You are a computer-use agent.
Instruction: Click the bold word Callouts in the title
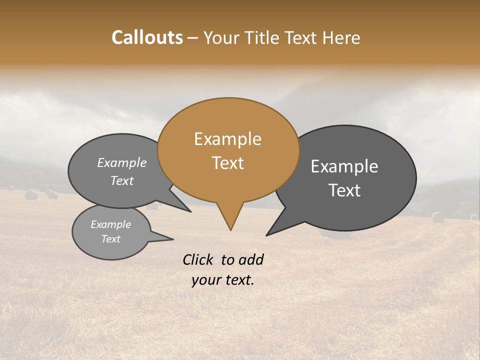tap(147, 37)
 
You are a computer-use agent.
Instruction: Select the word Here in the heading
tap(342, 38)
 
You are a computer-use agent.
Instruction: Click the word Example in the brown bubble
tap(227, 139)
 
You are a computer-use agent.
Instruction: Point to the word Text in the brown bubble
tap(227, 163)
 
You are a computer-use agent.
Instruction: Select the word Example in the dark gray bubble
tap(344, 166)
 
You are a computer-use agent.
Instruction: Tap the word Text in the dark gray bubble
tap(344, 190)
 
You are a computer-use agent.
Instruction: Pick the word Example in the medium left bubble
tap(121, 163)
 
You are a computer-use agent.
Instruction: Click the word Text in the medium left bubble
tap(121, 180)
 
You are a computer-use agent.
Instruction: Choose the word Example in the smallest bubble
tap(110, 224)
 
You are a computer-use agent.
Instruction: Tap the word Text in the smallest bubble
tap(110, 239)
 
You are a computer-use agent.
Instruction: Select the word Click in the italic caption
tap(199, 259)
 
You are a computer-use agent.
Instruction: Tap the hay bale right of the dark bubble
tap(438, 217)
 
